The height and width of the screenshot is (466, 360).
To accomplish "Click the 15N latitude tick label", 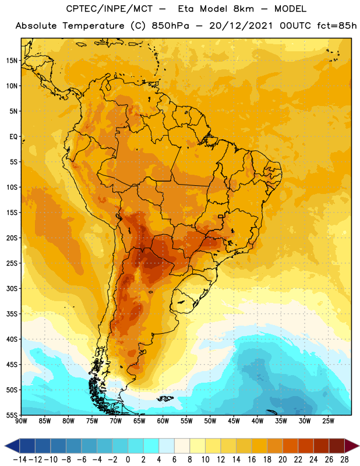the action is coord(12,61).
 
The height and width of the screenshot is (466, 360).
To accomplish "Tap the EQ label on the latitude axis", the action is coord(13,137).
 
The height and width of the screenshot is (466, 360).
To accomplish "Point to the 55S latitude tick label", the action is coord(12,415).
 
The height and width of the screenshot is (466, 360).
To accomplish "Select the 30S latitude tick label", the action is coord(12,288).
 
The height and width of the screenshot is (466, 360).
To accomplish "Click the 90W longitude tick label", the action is coord(22,421).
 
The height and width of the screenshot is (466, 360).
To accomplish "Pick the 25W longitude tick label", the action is coord(328,421).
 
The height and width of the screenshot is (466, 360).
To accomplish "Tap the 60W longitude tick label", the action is coord(163,421).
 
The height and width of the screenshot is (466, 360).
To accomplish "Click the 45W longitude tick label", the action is coord(234,421).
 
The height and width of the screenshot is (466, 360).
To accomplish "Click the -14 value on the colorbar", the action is coord(20,460).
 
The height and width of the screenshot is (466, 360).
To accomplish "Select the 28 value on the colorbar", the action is coord(344,460).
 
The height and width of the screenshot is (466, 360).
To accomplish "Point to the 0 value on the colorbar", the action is coord(128,460).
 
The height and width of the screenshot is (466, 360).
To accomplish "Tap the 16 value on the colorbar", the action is coord(252,460).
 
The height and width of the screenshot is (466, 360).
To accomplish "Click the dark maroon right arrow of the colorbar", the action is coord(351,446).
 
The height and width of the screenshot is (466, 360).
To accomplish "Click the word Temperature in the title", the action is coord(93,26).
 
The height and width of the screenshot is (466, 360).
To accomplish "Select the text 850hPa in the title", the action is coord(170,26).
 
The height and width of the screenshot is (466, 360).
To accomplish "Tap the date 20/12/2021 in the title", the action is coord(241,26).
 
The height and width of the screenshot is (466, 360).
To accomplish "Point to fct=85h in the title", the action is coord(337,26).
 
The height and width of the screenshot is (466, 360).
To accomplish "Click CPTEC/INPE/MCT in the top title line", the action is coord(110,9).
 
